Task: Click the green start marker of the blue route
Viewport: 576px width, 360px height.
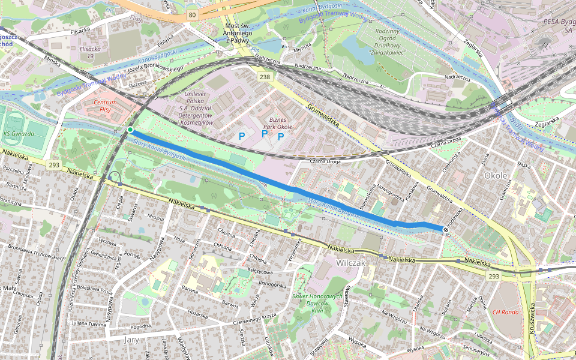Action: pos(130,130)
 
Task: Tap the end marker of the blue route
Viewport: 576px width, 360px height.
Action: pos(445,229)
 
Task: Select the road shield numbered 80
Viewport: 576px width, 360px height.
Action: pos(191,15)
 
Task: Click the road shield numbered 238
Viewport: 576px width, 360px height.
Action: pos(265,77)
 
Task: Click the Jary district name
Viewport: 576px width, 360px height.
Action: pos(131,339)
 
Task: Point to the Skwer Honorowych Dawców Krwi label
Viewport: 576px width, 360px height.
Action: pos(317,303)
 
